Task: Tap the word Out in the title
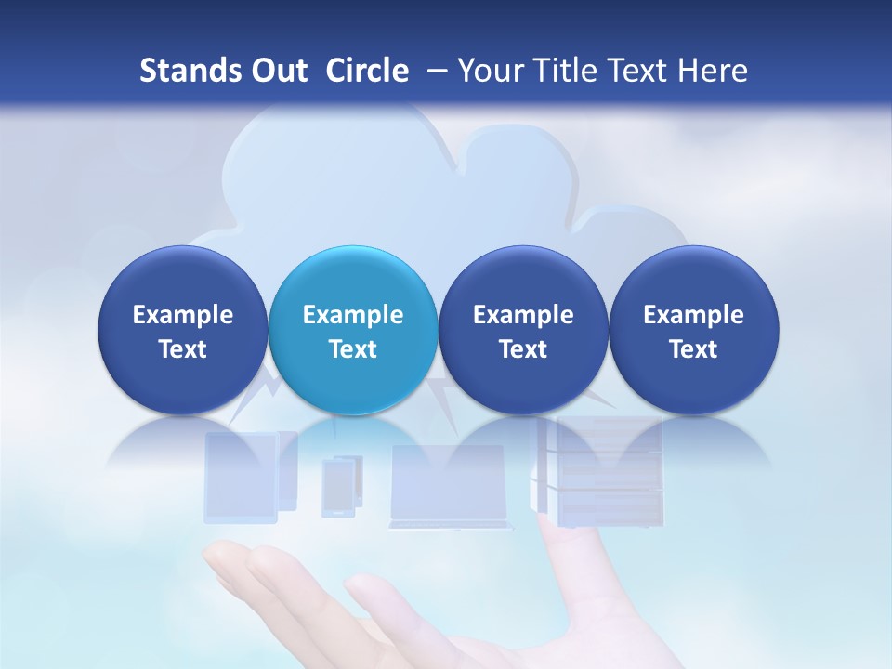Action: point(277,71)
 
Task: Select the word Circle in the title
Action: point(367,71)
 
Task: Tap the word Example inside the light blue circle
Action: point(353,315)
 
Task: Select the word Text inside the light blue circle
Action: point(353,349)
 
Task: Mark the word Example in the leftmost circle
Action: point(182,315)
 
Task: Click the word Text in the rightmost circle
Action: point(693,349)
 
